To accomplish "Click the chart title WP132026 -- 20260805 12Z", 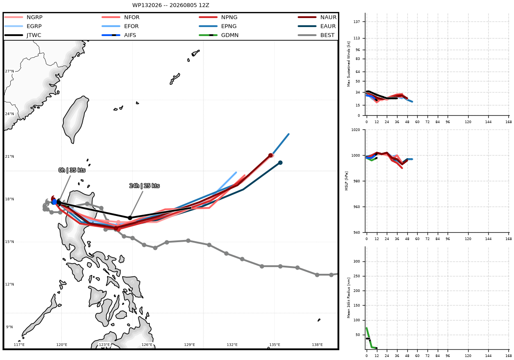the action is [170, 5].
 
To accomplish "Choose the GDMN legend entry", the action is [219, 35].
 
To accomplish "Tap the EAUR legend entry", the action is [317, 26].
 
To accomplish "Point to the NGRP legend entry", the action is [24, 17].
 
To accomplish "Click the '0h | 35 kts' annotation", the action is [72, 170].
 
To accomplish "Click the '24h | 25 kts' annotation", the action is [144, 186].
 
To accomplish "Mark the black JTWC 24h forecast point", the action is [130, 218].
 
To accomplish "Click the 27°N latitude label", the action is [9, 71].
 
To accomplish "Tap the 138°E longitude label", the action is [317, 345].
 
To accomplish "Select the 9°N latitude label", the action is [9, 327].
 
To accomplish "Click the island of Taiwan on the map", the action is [75, 120].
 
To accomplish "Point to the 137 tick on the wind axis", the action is [357, 21].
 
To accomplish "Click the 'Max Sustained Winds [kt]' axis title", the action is [349, 64].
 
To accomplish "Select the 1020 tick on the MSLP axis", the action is [356, 130].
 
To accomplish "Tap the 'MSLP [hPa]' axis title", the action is [347, 181].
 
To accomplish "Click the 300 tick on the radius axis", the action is [357, 261].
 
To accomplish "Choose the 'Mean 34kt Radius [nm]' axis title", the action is [349, 298].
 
